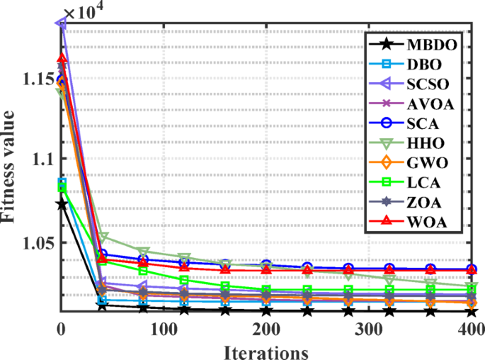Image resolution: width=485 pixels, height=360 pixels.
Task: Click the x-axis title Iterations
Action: coord(266,351)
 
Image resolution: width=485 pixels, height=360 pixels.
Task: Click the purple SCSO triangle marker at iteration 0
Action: coord(62,23)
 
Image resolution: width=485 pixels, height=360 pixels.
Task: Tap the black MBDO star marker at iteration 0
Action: coord(62,204)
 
